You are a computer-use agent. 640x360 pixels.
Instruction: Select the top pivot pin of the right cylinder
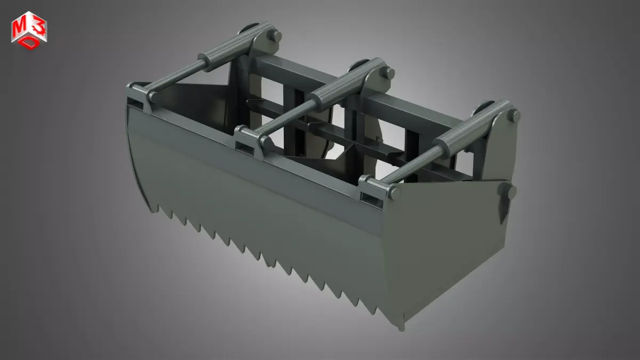[515, 115]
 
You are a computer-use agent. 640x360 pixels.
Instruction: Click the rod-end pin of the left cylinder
[151, 97]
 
